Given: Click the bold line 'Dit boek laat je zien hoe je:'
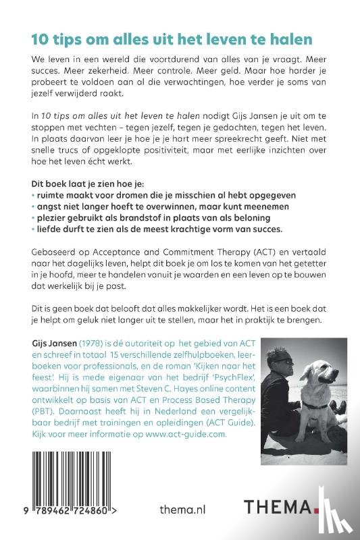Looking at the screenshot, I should click(x=84, y=183).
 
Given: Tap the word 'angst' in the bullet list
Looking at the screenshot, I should click(x=49, y=206).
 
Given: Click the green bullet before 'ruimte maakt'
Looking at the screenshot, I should click(x=32, y=194).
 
